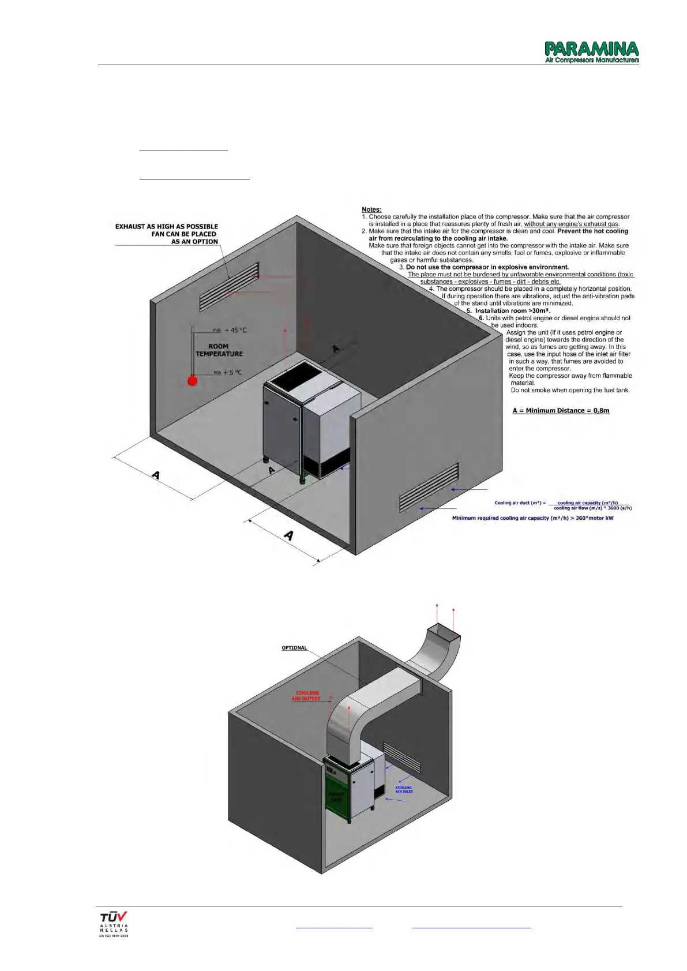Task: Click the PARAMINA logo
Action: tap(592, 52)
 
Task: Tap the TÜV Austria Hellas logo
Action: tap(114, 924)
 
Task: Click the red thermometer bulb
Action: tap(193, 381)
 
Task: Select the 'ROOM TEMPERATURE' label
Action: tap(219, 350)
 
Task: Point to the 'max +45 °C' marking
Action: tap(230, 330)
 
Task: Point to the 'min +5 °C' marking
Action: tap(228, 373)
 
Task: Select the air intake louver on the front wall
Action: tap(429, 488)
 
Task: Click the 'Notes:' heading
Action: tap(371, 209)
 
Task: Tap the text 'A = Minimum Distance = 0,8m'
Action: tap(561, 411)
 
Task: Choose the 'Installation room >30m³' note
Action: tap(509, 310)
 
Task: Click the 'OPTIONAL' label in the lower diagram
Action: tap(294, 648)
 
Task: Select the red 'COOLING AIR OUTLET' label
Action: tap(307, 696)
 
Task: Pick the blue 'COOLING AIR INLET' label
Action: tap(404, 789)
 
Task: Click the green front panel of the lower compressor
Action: tap(336, 796)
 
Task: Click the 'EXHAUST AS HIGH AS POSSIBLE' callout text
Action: tap(166, 227)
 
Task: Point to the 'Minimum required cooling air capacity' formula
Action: tap(532, 518)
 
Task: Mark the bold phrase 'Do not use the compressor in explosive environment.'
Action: tap(487, 267)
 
